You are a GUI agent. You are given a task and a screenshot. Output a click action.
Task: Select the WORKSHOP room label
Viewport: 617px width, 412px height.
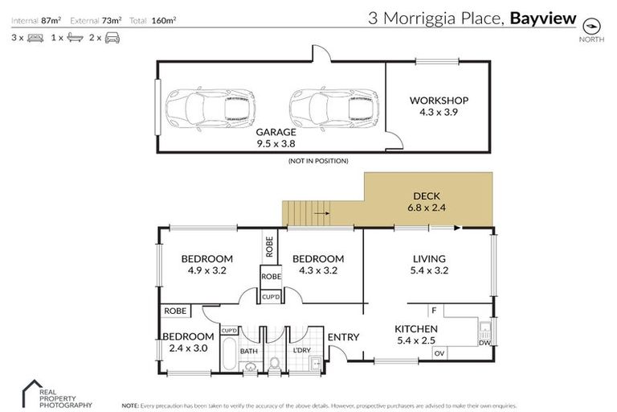(x=439, y=101)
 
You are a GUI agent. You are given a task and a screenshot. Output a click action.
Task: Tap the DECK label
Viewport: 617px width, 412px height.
(x=427, y=196)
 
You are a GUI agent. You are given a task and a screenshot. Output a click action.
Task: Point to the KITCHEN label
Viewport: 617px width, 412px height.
(x=415, y=328)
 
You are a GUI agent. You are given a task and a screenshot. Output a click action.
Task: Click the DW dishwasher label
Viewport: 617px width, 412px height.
(x=483, y=342)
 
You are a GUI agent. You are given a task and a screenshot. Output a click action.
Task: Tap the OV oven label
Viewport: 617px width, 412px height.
(x=439, y=352)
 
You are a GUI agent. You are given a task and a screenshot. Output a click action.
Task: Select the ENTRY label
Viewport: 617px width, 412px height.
(x=343, y=337)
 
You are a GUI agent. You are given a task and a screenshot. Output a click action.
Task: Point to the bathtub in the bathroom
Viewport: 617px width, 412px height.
(x=227, y=354)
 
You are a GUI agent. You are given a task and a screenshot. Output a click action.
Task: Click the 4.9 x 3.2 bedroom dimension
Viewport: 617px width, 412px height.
(x=206, y=270)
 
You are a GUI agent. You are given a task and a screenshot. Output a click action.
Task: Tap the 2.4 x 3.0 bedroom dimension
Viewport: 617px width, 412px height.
(x=188, y=348)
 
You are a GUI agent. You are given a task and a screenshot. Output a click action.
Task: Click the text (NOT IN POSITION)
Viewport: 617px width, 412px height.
(x=318, y=162)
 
